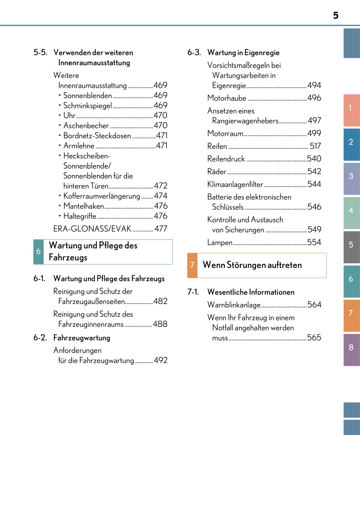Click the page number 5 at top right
coord(336,15)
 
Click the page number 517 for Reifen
coord(315,146)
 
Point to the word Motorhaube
coord(227,98)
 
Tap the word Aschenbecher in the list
coord(86,126)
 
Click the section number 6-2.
coord(40,338)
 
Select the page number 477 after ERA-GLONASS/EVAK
coord(161,229)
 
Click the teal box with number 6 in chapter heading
coord(38,251)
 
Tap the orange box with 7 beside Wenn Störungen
coord(192,265)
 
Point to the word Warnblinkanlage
coord(234,305)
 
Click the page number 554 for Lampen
coord(314,242)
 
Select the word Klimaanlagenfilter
coord(235,184)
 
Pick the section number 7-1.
coord(193,292)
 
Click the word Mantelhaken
coord(84,206)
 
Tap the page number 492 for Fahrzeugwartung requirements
coord(161,360)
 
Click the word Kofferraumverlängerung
coord(102,196)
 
